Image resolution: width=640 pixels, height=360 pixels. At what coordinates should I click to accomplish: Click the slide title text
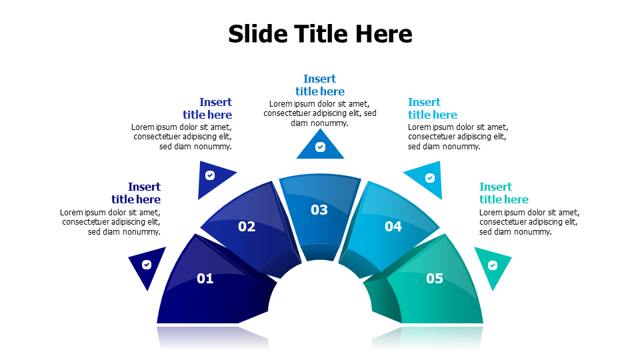point(320,33)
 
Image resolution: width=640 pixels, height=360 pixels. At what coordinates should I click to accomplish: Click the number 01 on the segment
point(205,279)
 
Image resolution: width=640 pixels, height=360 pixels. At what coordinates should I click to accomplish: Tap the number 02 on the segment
point(247,227)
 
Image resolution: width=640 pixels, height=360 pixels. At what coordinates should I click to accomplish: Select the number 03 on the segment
point(319,210)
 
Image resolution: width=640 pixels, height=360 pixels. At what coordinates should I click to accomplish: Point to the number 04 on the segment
point(393,227)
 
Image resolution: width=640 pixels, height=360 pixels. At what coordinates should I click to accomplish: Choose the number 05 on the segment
point(434,279)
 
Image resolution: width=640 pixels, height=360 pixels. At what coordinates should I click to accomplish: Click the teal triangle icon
point(493,267)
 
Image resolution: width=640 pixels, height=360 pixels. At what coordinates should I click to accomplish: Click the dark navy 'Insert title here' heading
point(136,193)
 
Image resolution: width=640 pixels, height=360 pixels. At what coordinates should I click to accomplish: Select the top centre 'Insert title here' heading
point(320,85)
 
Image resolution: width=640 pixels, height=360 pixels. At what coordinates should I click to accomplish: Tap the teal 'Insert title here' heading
point(503,193)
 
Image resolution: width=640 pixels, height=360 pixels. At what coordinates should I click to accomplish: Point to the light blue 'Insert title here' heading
point(433,109)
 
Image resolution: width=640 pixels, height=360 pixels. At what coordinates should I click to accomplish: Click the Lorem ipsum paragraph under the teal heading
point(529,222)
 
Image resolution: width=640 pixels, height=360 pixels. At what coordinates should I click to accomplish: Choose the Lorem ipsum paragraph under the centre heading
point(320,113)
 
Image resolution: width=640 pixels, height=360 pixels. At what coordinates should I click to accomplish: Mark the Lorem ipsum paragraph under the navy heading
point(111,222)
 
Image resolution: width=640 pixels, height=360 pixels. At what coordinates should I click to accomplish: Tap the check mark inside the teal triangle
point(493,265)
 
